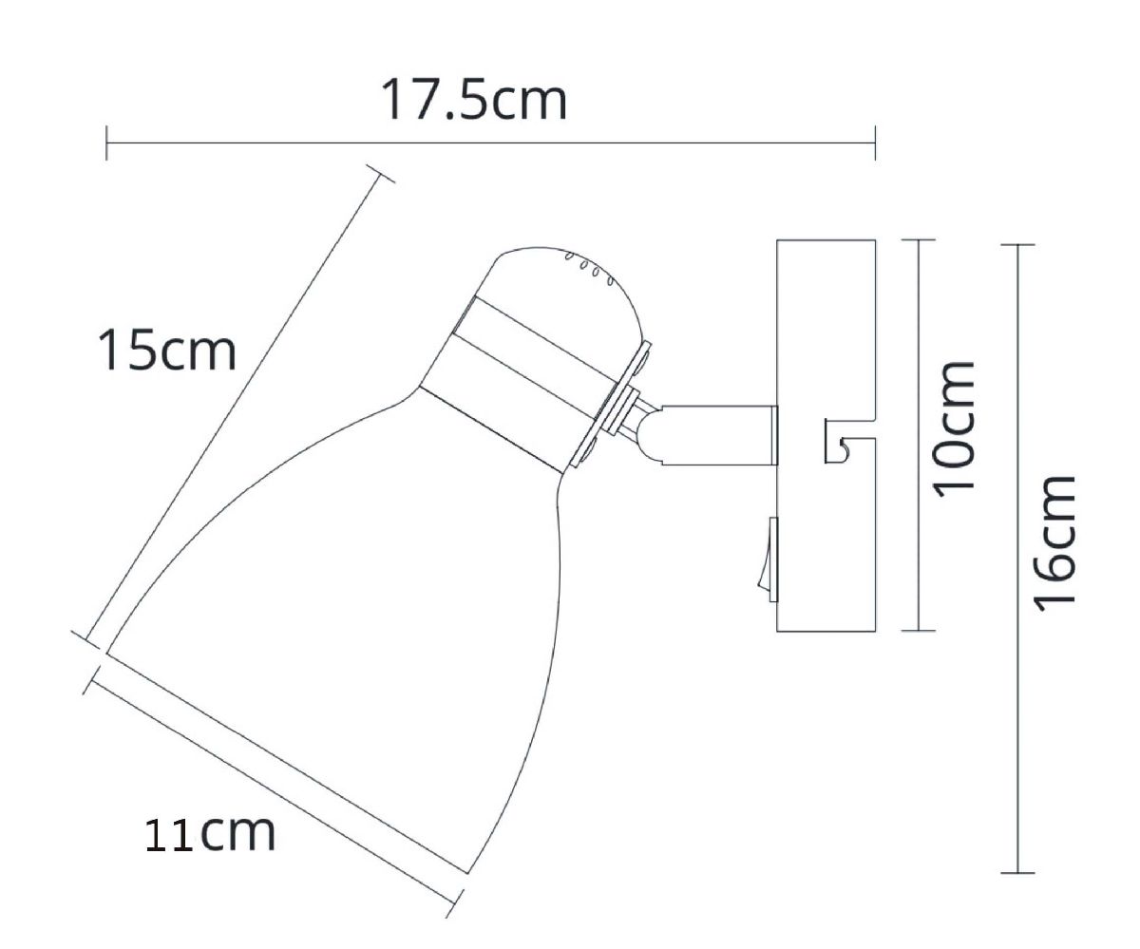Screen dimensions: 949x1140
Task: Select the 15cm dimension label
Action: [166, 351]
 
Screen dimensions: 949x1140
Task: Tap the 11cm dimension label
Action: [210, 833]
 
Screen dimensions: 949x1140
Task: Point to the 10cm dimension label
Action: [954, 426]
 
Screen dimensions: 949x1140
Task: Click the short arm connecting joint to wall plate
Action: [722, 435]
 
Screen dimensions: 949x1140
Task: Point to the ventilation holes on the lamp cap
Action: [589, 268]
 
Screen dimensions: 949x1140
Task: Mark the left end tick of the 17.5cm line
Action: [106, 142]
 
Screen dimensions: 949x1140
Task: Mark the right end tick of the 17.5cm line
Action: [874, 142]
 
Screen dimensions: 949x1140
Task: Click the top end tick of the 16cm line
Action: [1018, 245]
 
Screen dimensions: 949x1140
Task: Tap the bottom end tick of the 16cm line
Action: [1018, 872]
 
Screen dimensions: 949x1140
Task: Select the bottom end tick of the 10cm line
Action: [918, 631]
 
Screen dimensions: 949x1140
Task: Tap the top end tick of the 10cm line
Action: [918, 240]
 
